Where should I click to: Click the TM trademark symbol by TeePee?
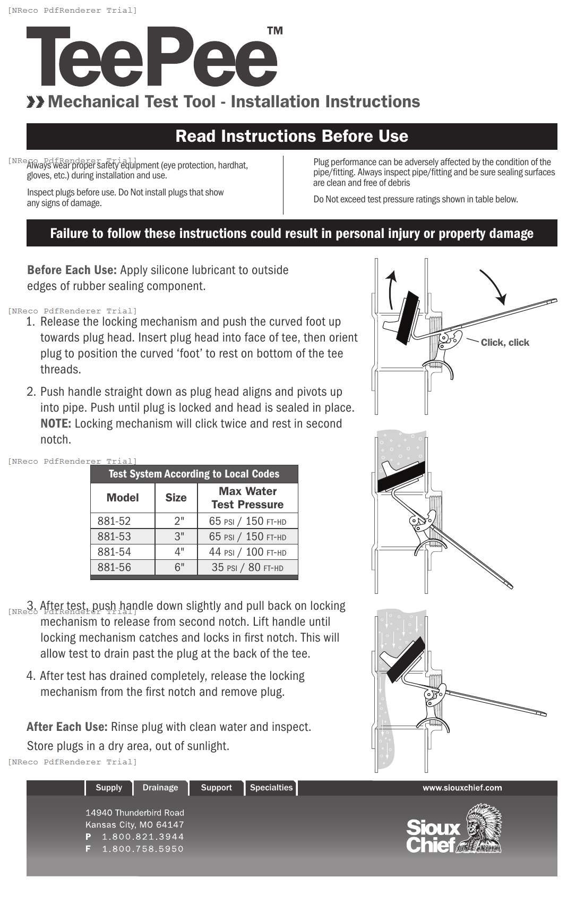coord(274,31)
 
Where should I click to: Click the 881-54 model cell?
coord(114,552)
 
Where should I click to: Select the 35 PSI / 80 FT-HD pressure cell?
coord(247,567)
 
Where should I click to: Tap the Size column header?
coord(176,498)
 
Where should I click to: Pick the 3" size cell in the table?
coord(179,536)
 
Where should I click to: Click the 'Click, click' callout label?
coord(504,343)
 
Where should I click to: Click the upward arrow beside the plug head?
coord(391,289)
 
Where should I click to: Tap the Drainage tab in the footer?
coord(160,788)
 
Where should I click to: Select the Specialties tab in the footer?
coord(271,788)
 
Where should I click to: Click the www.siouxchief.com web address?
coord(462,788)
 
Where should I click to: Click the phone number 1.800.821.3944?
coord(143,837)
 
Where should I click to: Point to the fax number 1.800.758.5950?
coord(143,849)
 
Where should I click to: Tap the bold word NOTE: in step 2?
coord(56,424)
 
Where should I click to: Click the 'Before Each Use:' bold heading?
coord(72,270)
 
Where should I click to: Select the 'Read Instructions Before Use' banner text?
coord(291,137)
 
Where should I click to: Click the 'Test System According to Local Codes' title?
coord(194,474)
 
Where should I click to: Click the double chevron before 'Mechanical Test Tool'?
coord(36,102)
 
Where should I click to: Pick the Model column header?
coord(123,498)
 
